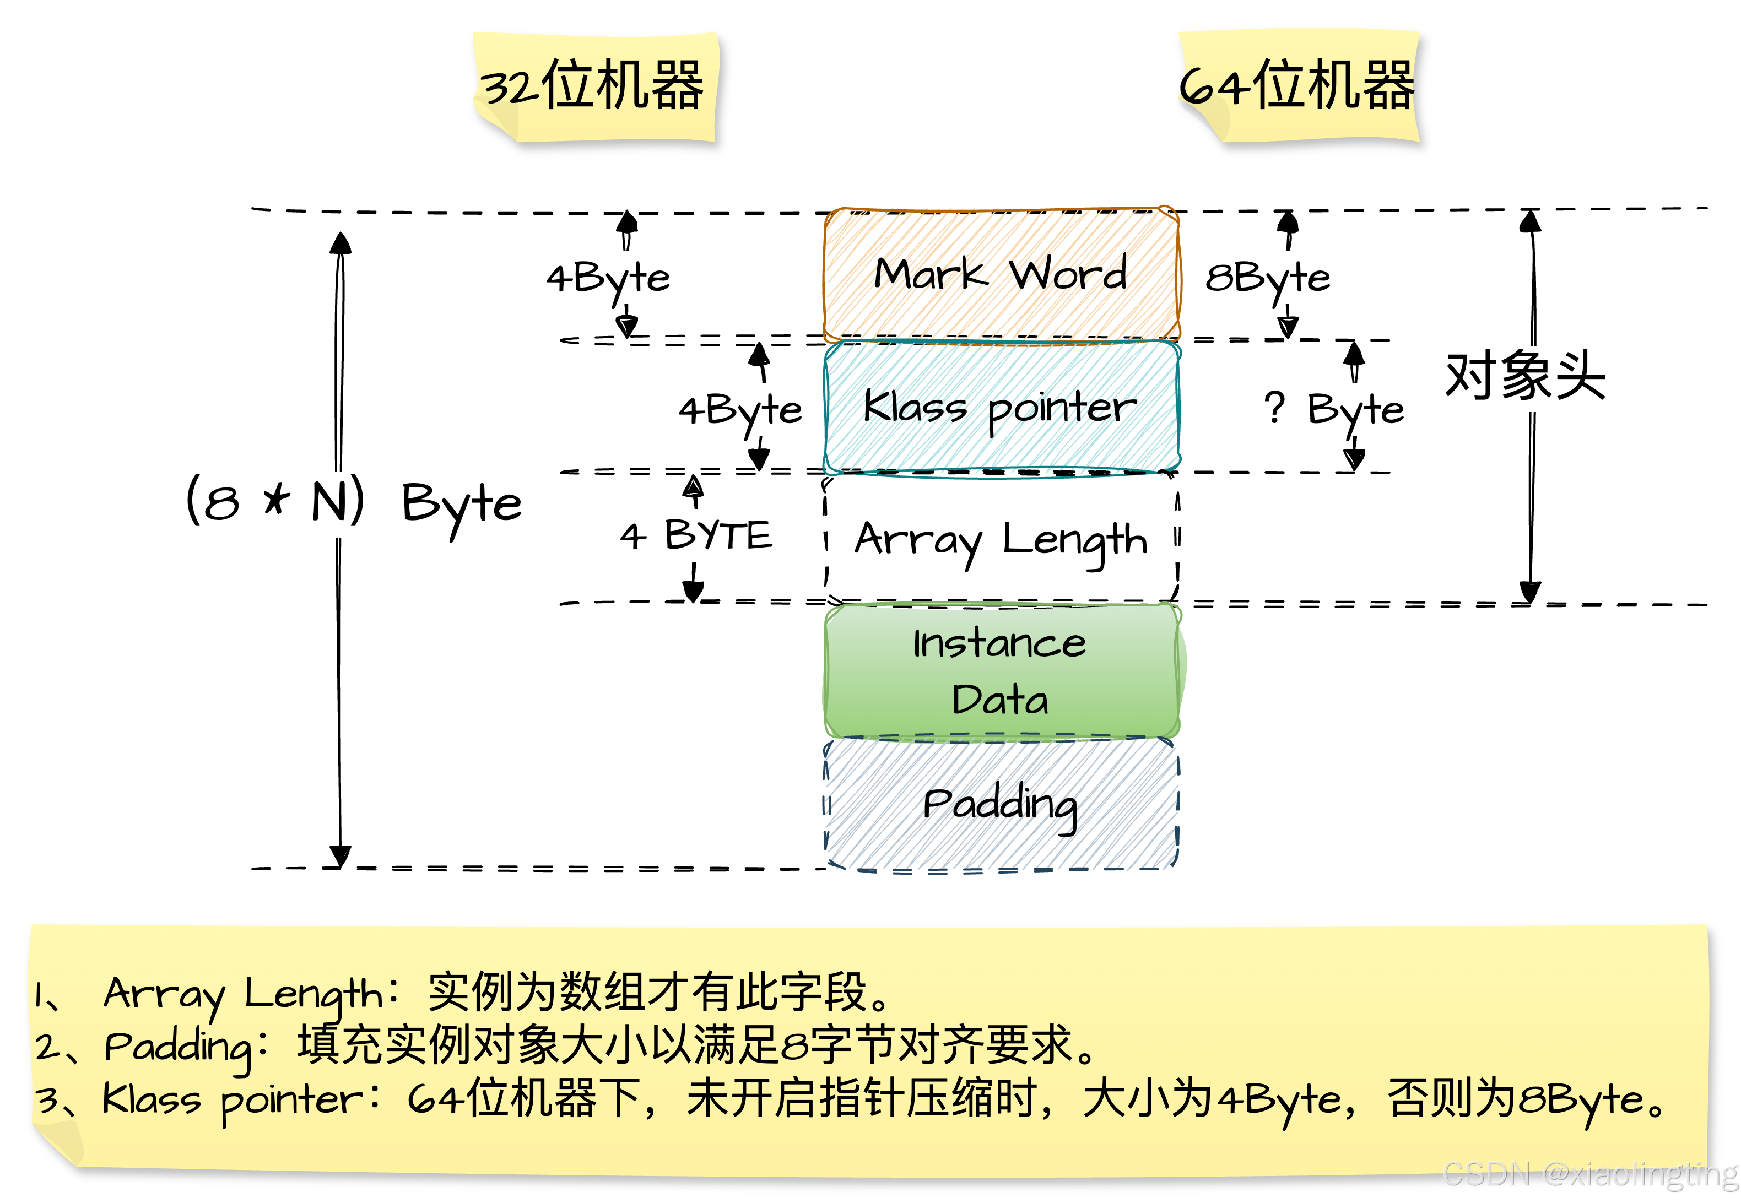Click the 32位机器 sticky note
pyautogui.click(x=594, y=86)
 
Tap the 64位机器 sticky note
pyautogui.click(x=1299, y=86)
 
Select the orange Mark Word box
pyautogui.click(x=1001, y=274)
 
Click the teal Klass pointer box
pyautogui.click(x=1001, y=408)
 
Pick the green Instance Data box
pyautogui.click(x=1001, y=670)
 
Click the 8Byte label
pyautogui.click(x=1268, y=278)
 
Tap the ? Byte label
pyautogui.click(x=1334, y=410)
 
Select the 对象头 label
pyautogui.click(x=1526, y=378)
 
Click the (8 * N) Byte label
pyautogui.click(x=336, y=504)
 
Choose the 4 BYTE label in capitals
pyautogui.click(x=694, y=536)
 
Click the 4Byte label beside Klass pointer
pyautogui.click(x=739, y=410)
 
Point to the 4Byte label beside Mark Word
pyautogui.click(x=607, y=278)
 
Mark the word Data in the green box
pyautogui.click(x=1000, y=700)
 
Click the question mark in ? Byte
pyautogui.click(x=1274, y=407)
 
